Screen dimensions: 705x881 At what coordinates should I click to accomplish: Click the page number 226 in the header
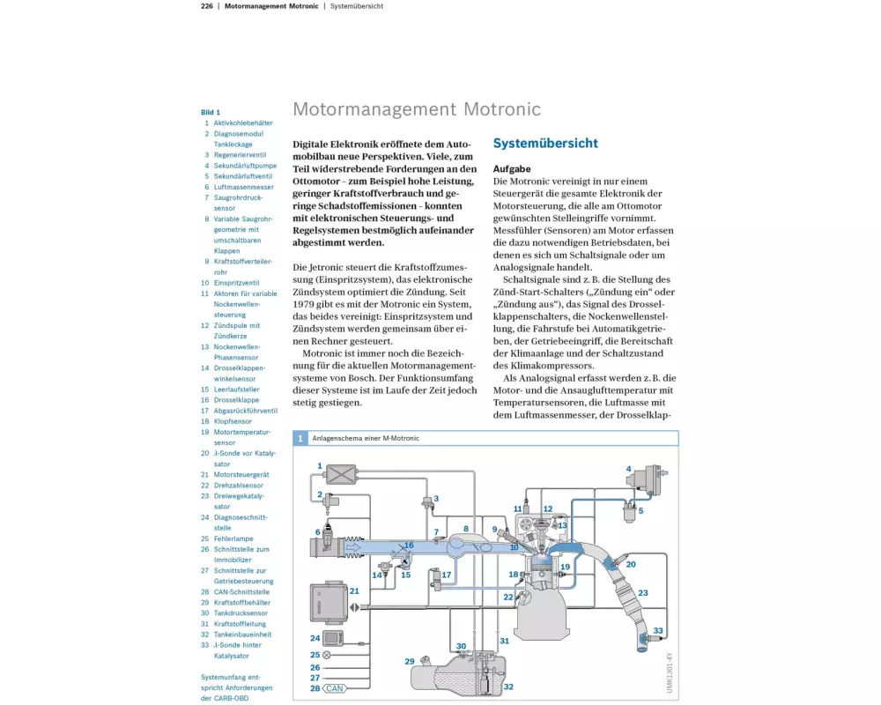click(207, 6)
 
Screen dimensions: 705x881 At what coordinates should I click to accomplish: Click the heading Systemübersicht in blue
click(545, 144)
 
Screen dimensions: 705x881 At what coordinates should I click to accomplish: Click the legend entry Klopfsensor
click(233, 421)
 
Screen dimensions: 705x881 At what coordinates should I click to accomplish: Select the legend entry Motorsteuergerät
click(241, 474)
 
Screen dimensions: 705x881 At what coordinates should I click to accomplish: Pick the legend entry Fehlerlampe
click(233, 538)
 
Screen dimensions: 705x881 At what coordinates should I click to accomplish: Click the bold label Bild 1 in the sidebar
click(211, 113)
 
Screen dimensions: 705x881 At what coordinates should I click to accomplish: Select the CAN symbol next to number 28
click(335, 688)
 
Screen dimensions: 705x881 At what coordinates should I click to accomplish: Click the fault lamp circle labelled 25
click(327, 655)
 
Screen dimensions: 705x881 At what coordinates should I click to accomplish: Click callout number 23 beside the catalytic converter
click(643, 594)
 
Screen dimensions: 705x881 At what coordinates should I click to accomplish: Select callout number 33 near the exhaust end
click(658, 631)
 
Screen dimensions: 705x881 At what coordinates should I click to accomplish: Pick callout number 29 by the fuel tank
click(409, 661)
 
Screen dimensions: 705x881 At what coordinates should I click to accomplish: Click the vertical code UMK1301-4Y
click(670, 674)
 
